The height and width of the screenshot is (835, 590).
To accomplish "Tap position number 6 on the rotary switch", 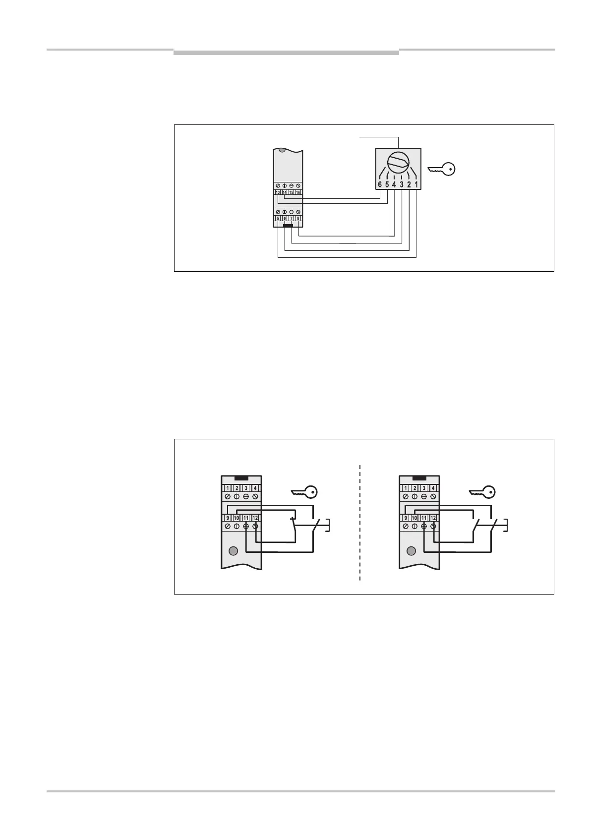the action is coord(380,185).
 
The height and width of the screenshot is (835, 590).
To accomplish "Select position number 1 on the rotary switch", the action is coord(416,185).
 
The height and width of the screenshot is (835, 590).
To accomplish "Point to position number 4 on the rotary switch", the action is coord(394,185).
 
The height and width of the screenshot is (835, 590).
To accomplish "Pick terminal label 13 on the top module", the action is coord(278,192).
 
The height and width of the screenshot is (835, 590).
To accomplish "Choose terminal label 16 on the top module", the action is coord(298,192).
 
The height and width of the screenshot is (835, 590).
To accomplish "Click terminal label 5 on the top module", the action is coord(278,218).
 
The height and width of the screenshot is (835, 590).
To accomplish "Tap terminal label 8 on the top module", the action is coord(298,218).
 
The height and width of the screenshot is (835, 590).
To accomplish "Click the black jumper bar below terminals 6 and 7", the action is coord(288,226).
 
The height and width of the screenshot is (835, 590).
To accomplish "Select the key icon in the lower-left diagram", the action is coord(304,492).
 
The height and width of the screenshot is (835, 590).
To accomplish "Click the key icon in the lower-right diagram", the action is coord(482,492).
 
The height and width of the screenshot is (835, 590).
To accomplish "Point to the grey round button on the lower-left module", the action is coord(232,551).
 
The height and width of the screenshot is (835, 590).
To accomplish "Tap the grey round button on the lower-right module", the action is coord(411,551).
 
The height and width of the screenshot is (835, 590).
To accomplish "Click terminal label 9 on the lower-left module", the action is coord(228,518).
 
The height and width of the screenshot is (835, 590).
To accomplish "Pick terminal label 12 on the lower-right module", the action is coord(433,518).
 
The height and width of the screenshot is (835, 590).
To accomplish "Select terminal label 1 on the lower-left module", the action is coord(228,488).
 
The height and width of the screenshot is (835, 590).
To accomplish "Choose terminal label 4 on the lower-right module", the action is coord(433,488).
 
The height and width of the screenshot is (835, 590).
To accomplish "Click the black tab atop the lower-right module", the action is coord(419,478).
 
